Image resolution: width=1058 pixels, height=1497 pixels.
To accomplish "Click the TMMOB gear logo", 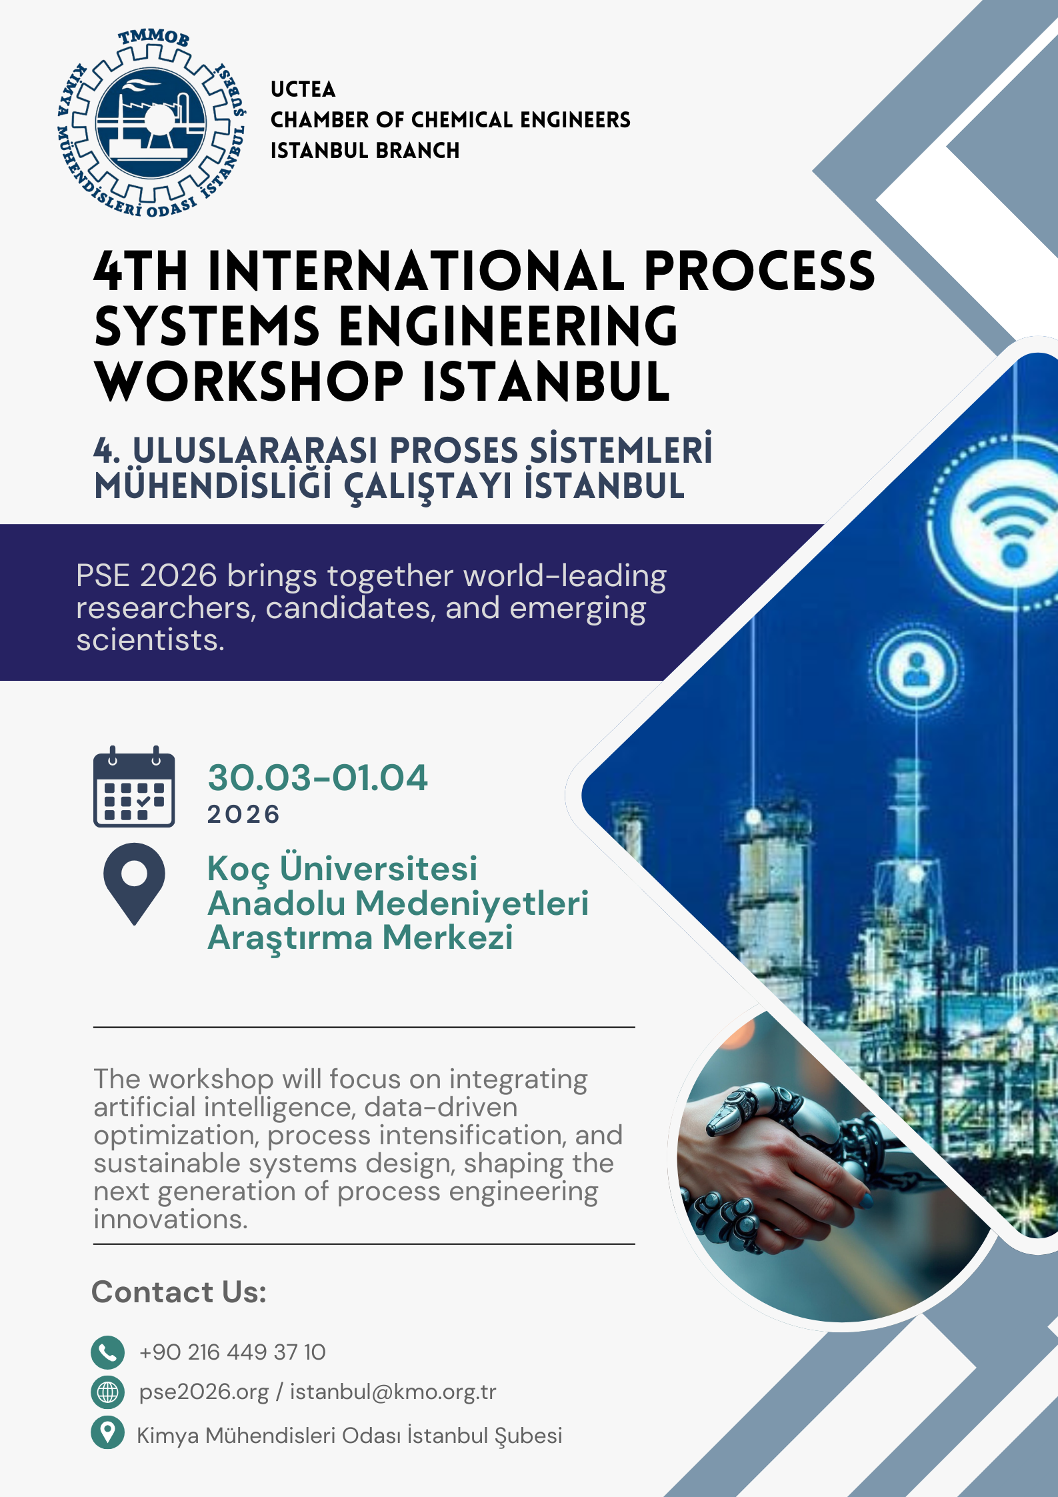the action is (x=153, y=123).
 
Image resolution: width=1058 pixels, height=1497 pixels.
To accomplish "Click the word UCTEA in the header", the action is (x=303, y=89).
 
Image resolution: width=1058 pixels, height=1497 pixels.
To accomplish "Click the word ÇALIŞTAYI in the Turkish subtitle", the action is (x=427, y=487).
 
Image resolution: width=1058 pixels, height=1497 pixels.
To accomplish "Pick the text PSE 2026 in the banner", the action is (x=147, y=575).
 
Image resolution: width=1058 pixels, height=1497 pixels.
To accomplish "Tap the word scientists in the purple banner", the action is (x=150, y=639).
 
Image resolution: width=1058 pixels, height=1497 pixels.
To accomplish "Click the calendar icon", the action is (x=134, y=786).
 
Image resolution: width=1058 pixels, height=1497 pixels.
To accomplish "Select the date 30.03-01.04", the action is (x=317, y=778).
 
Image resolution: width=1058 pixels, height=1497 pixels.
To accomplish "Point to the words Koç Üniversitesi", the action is (x=343, y=869).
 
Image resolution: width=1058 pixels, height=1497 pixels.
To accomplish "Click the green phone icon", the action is (x=107, y=1352).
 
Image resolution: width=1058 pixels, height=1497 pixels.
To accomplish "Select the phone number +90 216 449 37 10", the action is (x=232, y=1352).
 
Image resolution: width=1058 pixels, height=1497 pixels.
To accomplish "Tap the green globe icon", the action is (x=107, y=1392).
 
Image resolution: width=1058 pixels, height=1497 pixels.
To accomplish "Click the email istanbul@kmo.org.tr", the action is (x=393, y=1392).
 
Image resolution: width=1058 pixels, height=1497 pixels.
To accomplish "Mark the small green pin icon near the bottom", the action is (x=107, y=1432).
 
